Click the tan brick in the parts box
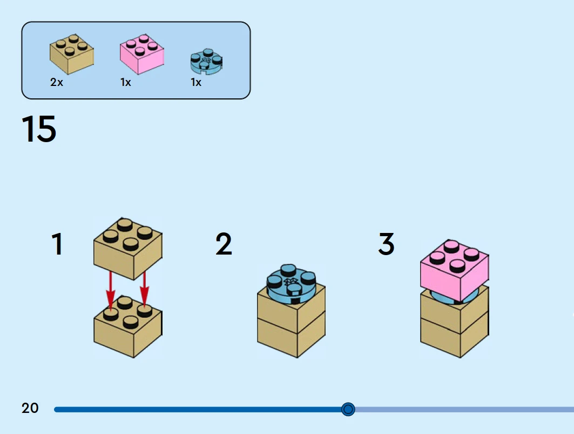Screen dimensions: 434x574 71,55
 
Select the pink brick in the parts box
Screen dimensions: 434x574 141,55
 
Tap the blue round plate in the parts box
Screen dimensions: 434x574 206,62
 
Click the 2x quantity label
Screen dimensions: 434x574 57,83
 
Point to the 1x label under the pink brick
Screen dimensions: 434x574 125,83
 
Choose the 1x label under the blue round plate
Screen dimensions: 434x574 196,83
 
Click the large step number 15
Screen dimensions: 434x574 39,129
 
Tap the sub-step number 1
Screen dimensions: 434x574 57,244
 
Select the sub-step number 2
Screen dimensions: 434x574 224,244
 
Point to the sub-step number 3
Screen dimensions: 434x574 386,244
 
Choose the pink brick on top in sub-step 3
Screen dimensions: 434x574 454,270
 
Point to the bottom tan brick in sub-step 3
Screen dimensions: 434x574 454,338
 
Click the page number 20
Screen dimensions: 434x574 30,408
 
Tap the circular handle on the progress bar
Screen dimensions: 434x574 348,409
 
